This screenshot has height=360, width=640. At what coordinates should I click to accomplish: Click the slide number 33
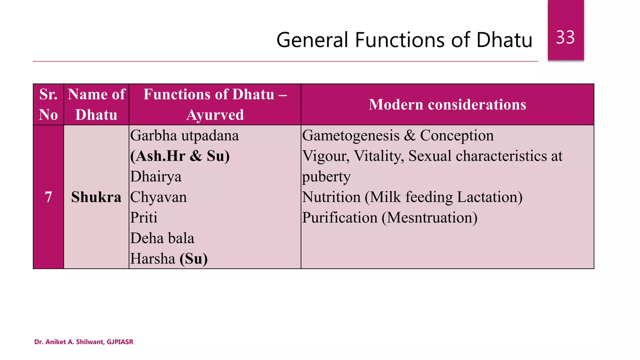point(565,37)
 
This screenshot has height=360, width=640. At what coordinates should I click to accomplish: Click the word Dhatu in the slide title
point(504,40)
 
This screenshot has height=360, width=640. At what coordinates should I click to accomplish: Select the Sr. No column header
point(48,104)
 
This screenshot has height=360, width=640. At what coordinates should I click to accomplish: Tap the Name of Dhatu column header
point(96,104)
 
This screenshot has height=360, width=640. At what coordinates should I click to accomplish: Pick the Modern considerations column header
point(447,104)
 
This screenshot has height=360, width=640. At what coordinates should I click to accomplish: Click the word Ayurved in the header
point(215,115)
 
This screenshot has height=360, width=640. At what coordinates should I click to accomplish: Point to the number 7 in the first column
point(48,197)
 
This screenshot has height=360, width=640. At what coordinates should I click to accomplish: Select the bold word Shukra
point(96,197)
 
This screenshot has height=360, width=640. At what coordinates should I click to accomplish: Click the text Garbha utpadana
point(184,136)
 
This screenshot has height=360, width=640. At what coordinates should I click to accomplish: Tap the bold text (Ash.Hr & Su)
point(180,156)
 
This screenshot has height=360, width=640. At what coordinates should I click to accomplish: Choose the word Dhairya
point(156,177)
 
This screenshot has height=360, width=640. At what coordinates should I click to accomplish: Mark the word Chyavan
point(158,197)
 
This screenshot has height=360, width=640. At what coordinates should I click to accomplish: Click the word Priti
point(144,217)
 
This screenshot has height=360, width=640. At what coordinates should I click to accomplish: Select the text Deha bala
point(162,238)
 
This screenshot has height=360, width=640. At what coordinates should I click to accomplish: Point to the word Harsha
point(152,259)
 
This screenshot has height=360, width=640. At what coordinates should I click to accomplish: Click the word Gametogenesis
point(351,136)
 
